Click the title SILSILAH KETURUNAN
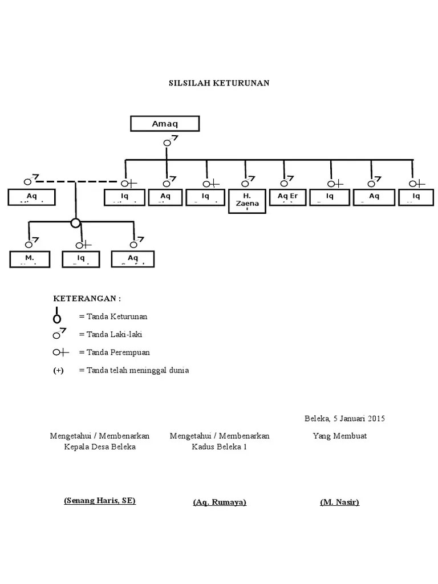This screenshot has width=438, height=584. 219,83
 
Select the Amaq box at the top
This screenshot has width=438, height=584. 165,124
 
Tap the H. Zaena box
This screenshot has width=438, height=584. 247,201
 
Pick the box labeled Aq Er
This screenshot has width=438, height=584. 287,197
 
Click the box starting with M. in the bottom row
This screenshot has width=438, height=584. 30,259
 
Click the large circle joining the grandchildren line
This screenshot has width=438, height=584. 75,222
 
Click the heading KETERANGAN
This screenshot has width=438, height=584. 87,298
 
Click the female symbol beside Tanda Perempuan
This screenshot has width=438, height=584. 60,352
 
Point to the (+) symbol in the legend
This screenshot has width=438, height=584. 59,371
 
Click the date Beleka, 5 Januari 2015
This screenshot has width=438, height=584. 344,419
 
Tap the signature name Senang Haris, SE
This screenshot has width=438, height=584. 100,501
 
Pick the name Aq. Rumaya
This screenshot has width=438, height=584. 220,502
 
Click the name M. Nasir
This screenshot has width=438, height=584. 340,502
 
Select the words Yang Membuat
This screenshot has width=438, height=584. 339,436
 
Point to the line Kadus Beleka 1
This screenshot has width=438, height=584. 220,447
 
